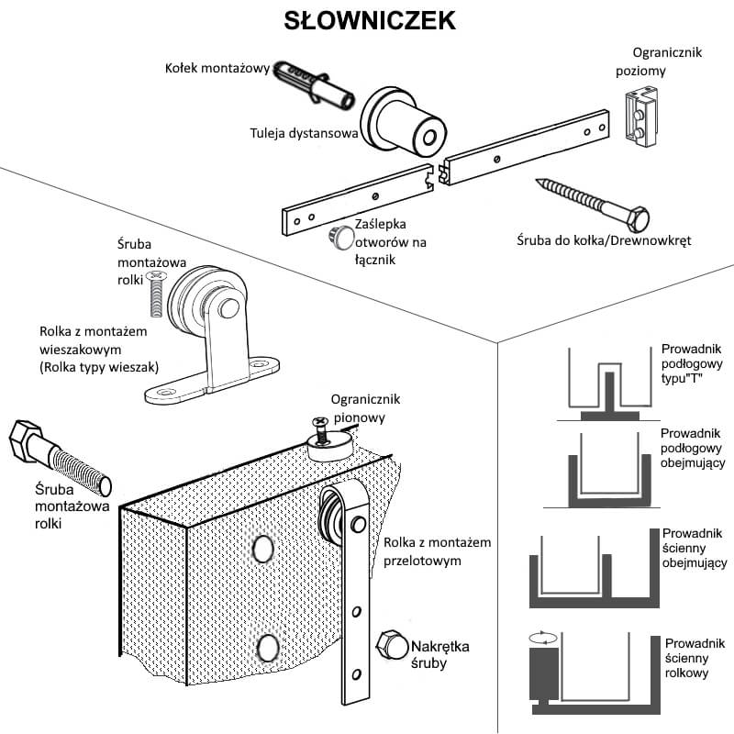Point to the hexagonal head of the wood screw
(x=636, y=221)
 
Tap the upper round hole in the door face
(x=262, y=550)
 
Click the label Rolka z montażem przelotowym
(x=436, y=550)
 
